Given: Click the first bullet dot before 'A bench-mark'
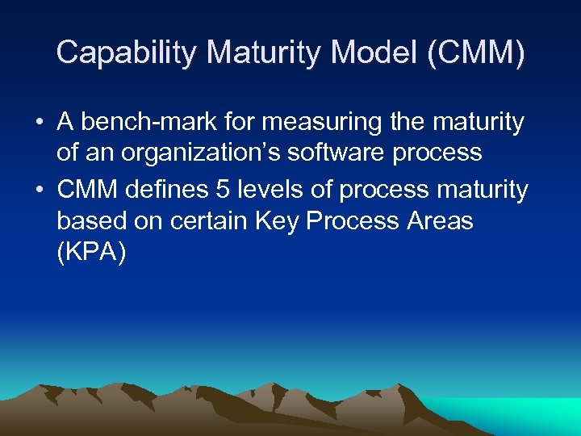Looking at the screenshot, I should click(39, 123).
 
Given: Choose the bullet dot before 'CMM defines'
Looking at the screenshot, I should click(39, 191).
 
